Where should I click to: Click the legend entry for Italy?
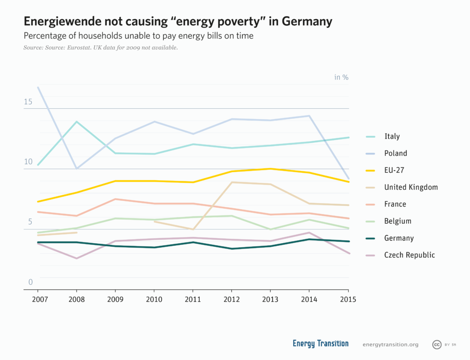click(x=392, y=136)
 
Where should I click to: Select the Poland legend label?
click(x=395, y=153)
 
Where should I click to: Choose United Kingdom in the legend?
click(x=411, y=187)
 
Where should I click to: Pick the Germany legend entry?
click(x=399, y=238)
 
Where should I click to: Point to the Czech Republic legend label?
click(x=409, y=255)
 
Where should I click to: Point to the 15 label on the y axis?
click(x=28, y=101)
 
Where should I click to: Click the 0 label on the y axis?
click(x=31, y=282)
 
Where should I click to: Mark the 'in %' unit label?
click(x=341, y=77)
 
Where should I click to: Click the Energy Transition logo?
click(x=320, y=344)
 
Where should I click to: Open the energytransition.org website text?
click(x=390, y=344)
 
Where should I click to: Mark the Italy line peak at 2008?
click(x=77, y=122)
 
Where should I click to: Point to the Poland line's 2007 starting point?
click(x=38, y=87)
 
